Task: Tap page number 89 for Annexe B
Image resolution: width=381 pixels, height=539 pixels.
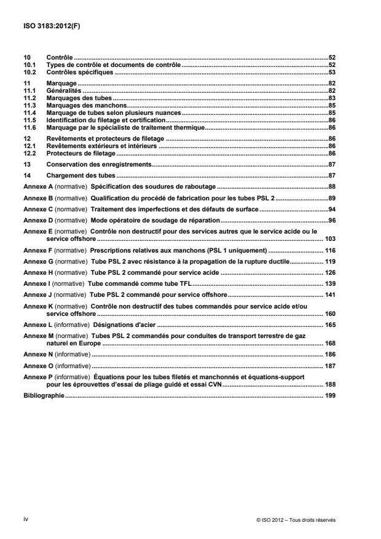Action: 331,199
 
